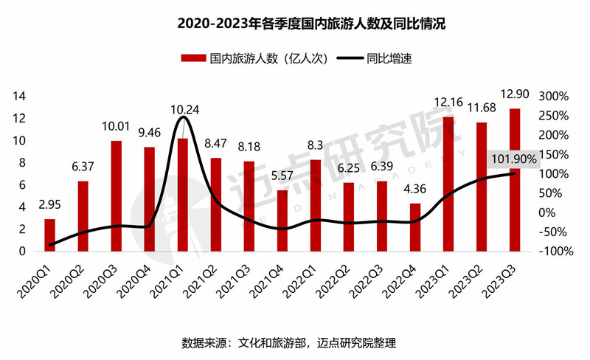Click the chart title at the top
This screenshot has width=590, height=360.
(x=295, y=24)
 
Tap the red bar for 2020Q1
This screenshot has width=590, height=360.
(x=49, y=235)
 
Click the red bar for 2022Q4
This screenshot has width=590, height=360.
(x=415, y=227)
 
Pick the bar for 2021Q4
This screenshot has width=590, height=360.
(x=282, y=220)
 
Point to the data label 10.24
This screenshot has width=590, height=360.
(x=184, y=110)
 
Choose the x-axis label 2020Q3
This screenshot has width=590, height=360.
(x=106, y=279)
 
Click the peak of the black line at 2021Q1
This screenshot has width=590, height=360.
(x=184, y=117)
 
